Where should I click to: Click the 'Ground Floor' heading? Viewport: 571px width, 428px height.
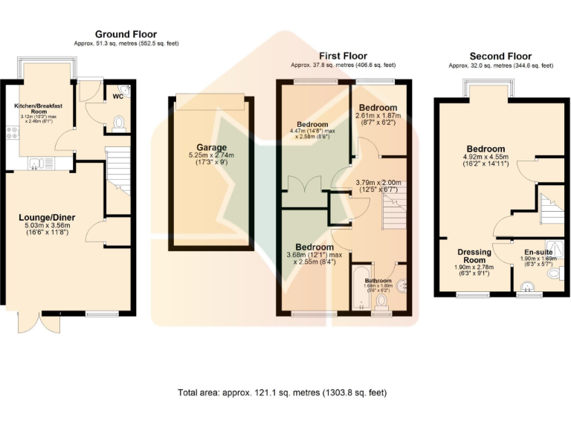tap(126, 34)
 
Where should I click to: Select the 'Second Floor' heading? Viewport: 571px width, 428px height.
tap(500, 56)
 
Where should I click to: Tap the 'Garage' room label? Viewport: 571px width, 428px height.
tap(212, 147)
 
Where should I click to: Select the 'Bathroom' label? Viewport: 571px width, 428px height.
tap(378, 281)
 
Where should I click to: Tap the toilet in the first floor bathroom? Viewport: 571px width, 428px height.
tap(382, 301)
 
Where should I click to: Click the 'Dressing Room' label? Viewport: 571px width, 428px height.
tap(474, 256)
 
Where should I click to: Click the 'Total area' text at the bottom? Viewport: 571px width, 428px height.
tap(282, 392)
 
